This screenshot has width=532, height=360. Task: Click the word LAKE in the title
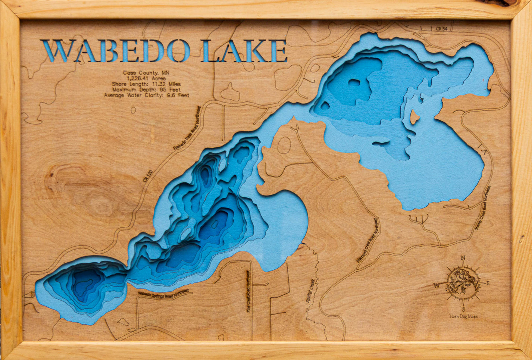pyautogui.click(x=244, y=51)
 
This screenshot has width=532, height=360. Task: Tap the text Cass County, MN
pyautogui.click(x=146, y=73)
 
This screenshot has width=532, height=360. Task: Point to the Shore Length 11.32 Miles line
pyautogui.click(x=146, y=84)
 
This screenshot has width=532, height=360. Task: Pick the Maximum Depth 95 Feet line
pyautogui.click(x=146, y=90)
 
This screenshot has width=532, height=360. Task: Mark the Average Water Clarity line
pyautogui.click(x=146, y=96)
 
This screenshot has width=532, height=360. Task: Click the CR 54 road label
pyautogui.click(x=441, y=28)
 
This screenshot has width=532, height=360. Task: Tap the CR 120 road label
pyautogui.click(x=148, y=176)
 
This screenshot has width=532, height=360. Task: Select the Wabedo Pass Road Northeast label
pyautogui.click(x=187, y=128)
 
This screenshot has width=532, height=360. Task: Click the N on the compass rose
pyautogui.click(x=463, y=258)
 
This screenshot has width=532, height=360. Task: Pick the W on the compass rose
pyautogui.click(x=436, y=286)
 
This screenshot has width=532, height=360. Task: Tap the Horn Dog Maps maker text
pyautogui.click(x=463, y=317)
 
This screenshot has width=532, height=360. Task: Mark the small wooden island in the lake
pyautogui.click(x=414, y=117)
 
